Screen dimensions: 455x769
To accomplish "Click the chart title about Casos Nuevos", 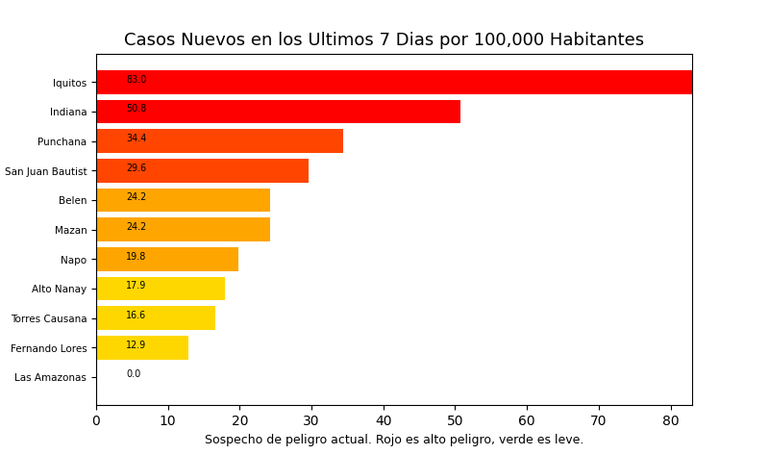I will coord(384,40).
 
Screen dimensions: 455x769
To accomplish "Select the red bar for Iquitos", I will coord(394,83).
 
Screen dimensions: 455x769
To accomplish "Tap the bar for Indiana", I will coord(278,112).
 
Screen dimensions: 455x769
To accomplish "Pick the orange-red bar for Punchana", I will coord(219,141).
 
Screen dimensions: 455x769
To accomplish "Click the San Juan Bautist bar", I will coord(202,171).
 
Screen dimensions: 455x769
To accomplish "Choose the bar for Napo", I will coord(167,260).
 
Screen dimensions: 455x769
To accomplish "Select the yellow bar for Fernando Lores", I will coord(142,348).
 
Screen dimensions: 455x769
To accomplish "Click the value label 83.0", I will coord(136,80).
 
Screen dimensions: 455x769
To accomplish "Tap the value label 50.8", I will coord(136,109).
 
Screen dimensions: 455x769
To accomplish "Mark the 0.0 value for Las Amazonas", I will coord(134,374).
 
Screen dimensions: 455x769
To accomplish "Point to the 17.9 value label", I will coord(136,286).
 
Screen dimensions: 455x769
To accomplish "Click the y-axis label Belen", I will coord(72,201).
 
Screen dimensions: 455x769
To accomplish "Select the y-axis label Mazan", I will coord(70,231).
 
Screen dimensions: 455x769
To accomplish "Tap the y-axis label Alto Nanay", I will coord(59,290).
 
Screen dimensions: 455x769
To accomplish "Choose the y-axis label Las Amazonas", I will coord(50,378).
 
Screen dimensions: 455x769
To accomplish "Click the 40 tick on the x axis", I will coord(384,420).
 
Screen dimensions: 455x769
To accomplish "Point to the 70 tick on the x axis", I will coord(599,420).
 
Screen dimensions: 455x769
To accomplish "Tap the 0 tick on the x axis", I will coord(96,420).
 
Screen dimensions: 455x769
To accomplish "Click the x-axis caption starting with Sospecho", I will coord(394,440).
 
